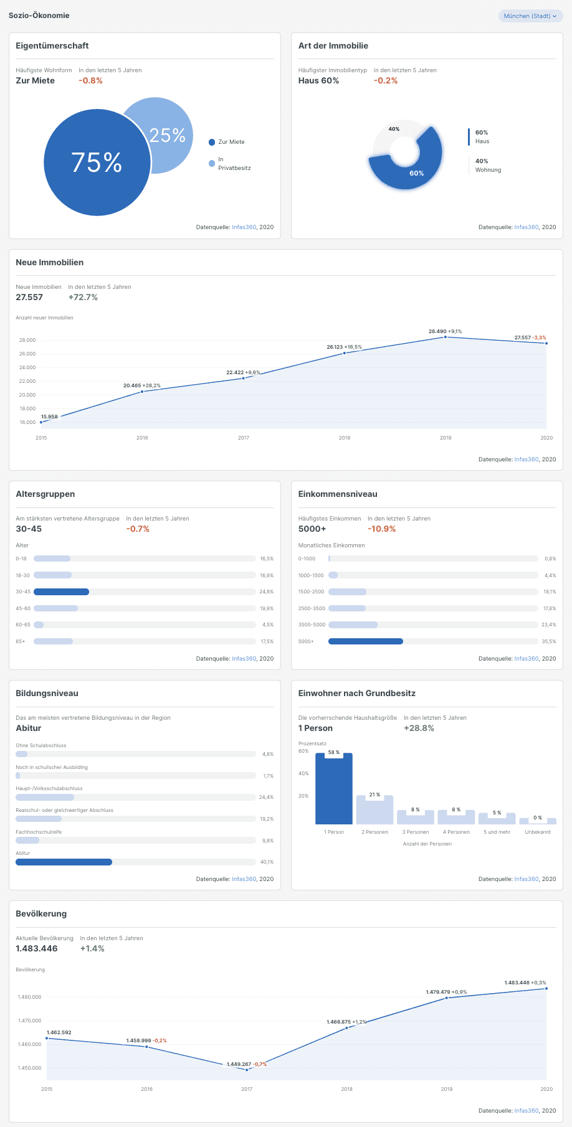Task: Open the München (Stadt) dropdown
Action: point(530,16)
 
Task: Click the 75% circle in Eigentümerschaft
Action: point(97,162)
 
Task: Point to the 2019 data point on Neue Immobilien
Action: point(446,337)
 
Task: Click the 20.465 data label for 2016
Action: point(132,385)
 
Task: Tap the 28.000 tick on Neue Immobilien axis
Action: point(27,340)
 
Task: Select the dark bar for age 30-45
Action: point(61,592)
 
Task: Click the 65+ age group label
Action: point(21,641)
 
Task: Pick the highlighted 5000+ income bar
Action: point(366,641)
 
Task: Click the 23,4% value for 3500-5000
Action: point(549,625)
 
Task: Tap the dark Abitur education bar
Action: point(64,862)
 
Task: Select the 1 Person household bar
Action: point(334,789)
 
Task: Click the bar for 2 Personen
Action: point(374,810)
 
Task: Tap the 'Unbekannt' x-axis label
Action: point(538,832)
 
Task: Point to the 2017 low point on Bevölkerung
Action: point(247,1070)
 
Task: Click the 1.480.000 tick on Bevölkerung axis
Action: point(30,997)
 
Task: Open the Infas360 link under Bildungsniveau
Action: point(244,879)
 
